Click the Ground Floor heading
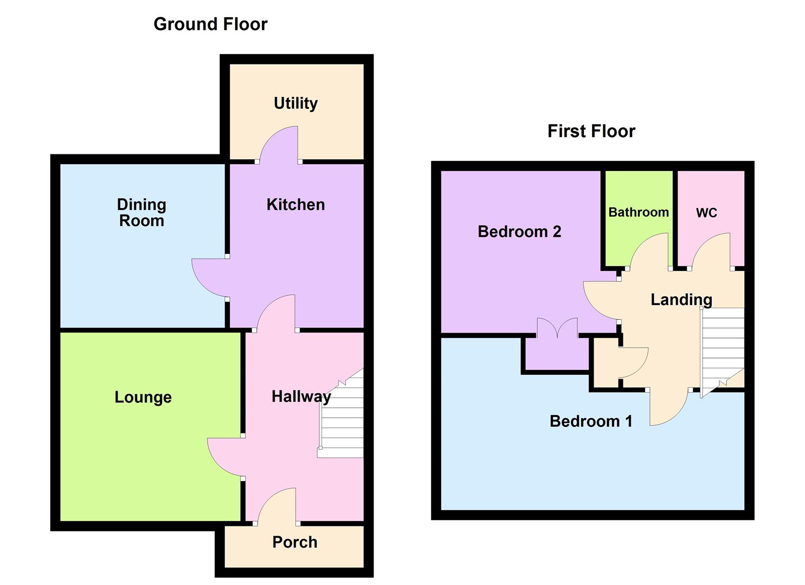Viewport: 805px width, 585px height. point(210,24)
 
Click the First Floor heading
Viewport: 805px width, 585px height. point(591,131)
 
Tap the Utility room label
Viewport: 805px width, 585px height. point(295,103)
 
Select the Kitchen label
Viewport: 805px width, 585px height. point(295,204)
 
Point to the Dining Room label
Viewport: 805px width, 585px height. point(141,212)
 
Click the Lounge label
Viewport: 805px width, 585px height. point(143,397)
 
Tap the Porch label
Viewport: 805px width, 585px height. point(294,542)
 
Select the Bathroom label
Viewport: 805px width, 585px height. point(638,212)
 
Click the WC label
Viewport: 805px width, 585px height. point(706,213)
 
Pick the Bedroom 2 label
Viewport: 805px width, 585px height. point(519,232)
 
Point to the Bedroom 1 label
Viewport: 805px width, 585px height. point(591,421)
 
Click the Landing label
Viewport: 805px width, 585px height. point(681,300)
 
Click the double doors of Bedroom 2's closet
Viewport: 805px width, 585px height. point(557,328)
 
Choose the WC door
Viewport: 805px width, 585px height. point(711,252)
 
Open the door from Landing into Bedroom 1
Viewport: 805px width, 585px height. point(668,407)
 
